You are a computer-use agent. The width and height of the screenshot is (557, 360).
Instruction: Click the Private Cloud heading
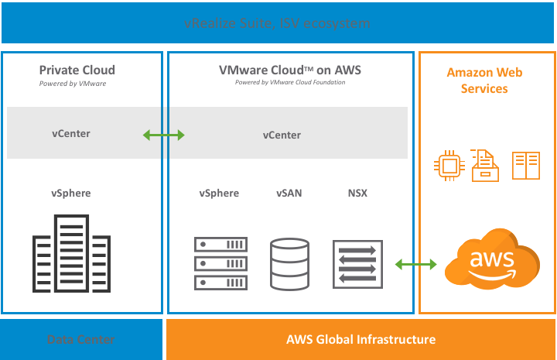[x=77, y=70]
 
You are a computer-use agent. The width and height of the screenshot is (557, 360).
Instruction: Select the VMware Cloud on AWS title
[x=289, y=70]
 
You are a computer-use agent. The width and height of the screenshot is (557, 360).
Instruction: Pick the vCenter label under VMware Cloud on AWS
[x=282, y=135]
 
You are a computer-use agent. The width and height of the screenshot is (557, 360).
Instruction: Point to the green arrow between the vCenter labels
[x=164, y=135]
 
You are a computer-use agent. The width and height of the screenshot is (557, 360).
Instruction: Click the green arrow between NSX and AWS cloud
[x=416, y=265]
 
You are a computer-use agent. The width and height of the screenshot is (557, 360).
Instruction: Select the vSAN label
[x=289, y=193]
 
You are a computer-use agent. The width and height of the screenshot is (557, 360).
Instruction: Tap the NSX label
[x=357, y=193]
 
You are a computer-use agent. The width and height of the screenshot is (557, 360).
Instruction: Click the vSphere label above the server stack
[x=219, y=193]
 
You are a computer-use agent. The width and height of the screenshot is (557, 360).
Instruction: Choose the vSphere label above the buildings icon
[x=71, y=193]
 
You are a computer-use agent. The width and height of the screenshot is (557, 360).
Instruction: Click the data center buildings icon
[x=70, y=254]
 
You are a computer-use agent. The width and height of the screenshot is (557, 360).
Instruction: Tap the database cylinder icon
[x=290, y=264]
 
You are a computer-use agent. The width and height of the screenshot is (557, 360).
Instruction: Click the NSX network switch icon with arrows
[x=357, y=264]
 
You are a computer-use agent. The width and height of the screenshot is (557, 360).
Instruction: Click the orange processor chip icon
[x=447, y=165]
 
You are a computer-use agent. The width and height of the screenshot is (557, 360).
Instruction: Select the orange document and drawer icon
[x=485, y=165]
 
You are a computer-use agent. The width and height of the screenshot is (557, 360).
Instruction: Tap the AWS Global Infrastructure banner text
[x=361, y=339]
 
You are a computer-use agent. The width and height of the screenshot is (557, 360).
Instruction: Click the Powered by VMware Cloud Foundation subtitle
[x=290, y=83]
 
